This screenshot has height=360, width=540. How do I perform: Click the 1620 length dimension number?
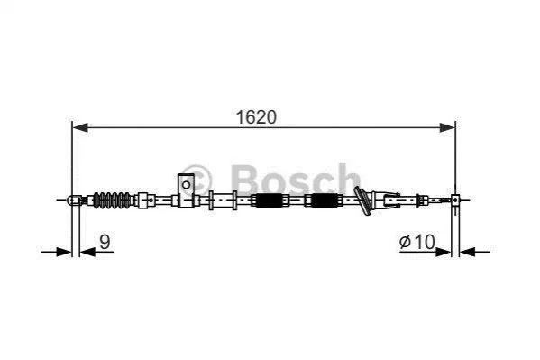click(256, 117)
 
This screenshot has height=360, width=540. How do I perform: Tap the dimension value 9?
click(105, 242)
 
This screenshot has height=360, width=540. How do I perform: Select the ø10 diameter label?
click(417, 242)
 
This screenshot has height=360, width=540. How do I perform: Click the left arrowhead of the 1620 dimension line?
click(80, 127)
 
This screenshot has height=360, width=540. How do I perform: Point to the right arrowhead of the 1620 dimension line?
click(447, 127)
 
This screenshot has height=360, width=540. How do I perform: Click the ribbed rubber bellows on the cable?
click(113, 199)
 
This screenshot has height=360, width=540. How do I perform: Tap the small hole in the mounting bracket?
click(186, 185)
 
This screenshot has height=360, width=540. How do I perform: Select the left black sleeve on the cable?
click(269, 200)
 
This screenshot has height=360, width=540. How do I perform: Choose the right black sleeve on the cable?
click(325, 200)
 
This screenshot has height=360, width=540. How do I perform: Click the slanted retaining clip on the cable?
click(362, 200)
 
